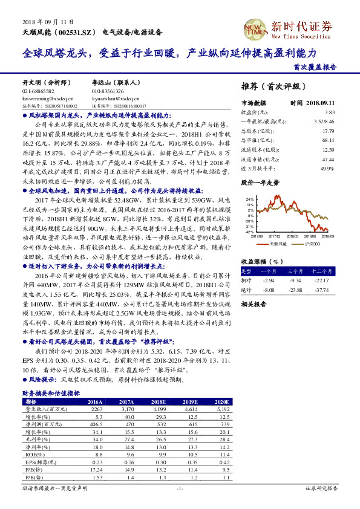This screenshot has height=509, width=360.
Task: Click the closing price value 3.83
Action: coord(330,112)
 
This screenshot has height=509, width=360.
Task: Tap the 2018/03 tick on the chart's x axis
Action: coord(293,236)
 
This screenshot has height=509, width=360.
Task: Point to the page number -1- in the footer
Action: coord(179,488)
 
